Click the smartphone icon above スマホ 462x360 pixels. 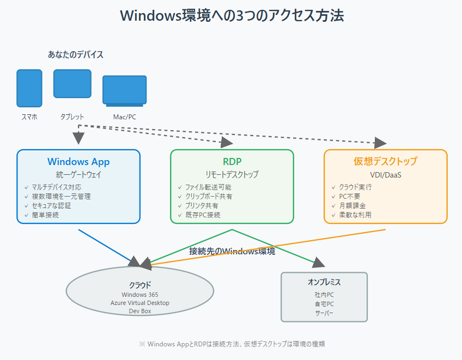[x=29, y=88]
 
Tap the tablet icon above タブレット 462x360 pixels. [x=72, y=83]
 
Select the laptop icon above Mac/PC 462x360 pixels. [x=124, y=90]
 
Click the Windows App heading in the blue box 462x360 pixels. [x=78, y=162]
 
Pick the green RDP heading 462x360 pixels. [x=232, y=162]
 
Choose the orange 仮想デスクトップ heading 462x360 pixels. [x=385, y=162]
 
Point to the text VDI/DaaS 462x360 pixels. [x=385, y=175]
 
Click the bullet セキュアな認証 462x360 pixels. [x=52, y=205]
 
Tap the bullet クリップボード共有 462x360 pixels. [x=209, y=196]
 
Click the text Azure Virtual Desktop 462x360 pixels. [x=140, y=303]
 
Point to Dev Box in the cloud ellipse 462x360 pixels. [x=140, y=311]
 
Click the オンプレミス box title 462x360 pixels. [x=324, y=282]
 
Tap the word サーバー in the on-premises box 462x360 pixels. [x=324, y=313]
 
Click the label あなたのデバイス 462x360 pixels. [x=76, y=54]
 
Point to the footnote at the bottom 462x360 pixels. [x=232, y=344]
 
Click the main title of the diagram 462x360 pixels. [x=232, y=15]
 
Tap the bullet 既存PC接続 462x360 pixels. [x=203, y=215]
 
